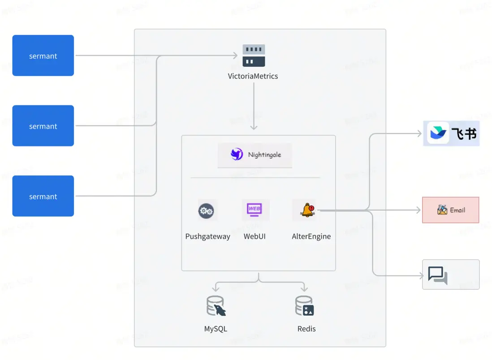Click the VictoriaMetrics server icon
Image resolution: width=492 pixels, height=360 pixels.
[254, 56]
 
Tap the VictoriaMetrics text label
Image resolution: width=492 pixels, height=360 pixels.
[253, 76]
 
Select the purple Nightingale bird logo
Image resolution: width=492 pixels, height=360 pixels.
[237, 154]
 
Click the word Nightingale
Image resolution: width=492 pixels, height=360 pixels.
[264, 155]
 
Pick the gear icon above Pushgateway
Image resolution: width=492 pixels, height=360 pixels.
[206, 210]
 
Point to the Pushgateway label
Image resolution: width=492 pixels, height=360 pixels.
[207, 236]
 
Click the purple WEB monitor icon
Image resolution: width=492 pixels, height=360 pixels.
[255, 209]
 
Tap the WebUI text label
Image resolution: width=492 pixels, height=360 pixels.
[255, 236]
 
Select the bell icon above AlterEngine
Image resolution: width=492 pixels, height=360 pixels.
[308, 210]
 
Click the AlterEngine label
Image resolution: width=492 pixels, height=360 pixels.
[311, 236]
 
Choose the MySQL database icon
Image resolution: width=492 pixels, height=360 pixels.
[216, 307]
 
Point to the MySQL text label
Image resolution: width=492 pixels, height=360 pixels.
[216, 329]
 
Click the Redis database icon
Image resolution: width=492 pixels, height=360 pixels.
[305, 307]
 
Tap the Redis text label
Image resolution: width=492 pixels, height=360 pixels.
[306, 329]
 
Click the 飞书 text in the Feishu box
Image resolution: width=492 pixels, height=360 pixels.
[464, 134]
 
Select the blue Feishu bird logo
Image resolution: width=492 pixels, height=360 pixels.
[438, 133]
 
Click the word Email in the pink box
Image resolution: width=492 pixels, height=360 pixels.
[457, 210]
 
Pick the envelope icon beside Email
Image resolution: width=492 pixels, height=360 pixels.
[442, 210]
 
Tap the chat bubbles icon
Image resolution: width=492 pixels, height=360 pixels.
[437, 275]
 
